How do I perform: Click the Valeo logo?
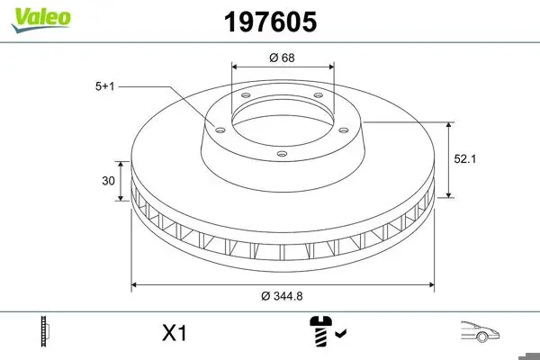41,20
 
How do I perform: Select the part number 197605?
270,22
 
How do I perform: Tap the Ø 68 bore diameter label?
282,58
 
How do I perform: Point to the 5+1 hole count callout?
104,86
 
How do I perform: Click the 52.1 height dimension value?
465,158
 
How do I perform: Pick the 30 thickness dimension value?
108,181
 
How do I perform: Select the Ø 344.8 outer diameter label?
282,296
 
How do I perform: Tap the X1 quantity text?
175,333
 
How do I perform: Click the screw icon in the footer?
321,331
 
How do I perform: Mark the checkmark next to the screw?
340,333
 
